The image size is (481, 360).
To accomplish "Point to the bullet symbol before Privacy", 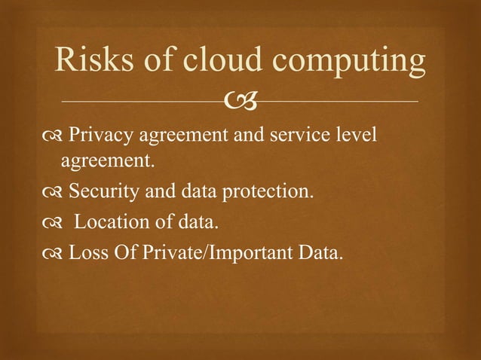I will [x=54, y=136].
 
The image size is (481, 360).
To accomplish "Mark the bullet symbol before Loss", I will [x=54, y=252].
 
